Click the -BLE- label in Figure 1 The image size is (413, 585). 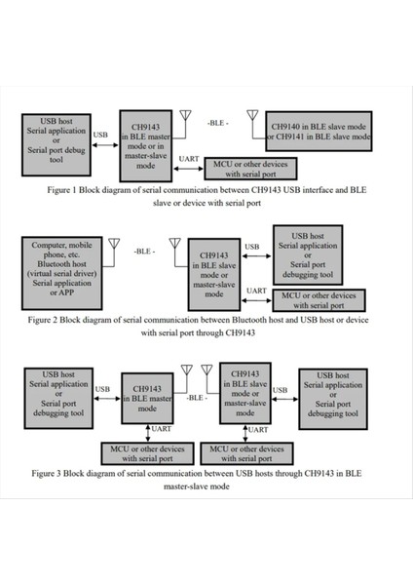(217, 123)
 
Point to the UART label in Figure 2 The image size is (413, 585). (256, 291)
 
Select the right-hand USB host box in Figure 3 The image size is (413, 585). (334, 394)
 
